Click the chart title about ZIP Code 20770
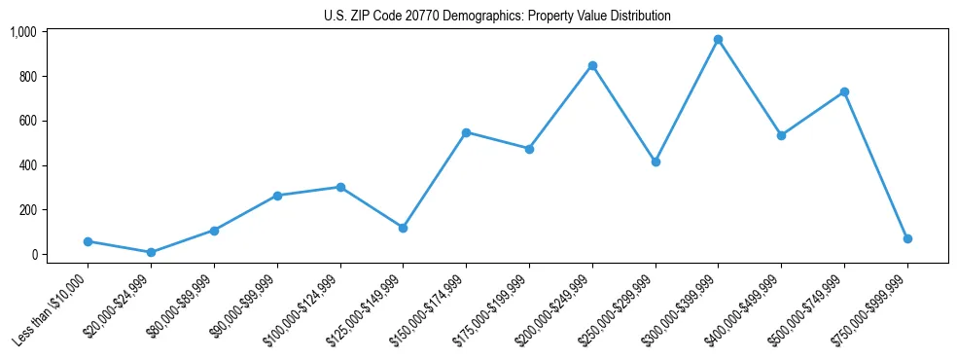[x=497, y=17]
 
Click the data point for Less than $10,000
[x=88, y=241]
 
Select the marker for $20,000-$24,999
[x=151, y=252]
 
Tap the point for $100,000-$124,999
[x=340, y=187]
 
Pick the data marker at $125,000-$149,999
[x=403, y=228]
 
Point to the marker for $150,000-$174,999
[x=466, y=132]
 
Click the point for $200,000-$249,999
[x=592, y=65]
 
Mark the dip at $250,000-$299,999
[x=656, y=162]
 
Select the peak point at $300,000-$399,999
[x=718, y=40]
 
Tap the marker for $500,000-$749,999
[x=844, y=91]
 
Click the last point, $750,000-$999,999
[x=907, y=238]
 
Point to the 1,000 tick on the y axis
[x=22, y=32]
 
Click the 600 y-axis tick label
[x=26, y=121]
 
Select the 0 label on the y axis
[x=34, y=254]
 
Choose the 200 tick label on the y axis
[x=26, y=210]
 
